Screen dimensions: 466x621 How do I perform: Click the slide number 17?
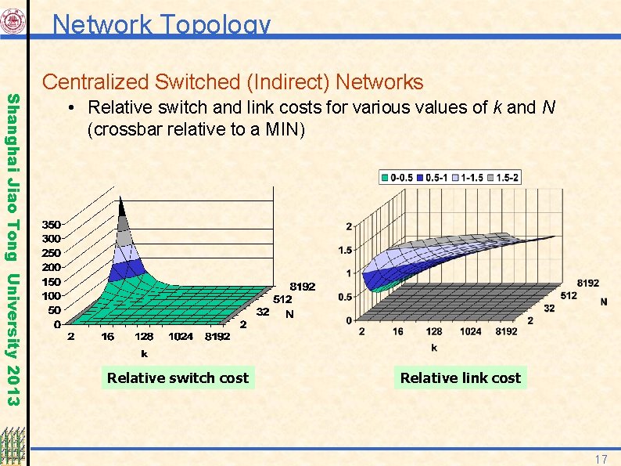(601, 458)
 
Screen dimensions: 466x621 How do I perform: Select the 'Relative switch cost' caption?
(178, 378)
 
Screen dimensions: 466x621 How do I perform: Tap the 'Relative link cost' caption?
(460, 378)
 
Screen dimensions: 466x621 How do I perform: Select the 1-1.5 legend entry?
(467, 178)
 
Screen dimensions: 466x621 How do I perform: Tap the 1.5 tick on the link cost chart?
(343, 251)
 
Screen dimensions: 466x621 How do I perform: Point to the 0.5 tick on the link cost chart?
(343, 297)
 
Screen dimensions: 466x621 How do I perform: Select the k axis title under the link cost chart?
(434, 348)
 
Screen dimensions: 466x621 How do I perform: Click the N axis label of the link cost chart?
(604, 301)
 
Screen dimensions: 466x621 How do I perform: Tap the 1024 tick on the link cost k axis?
(471, 332)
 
